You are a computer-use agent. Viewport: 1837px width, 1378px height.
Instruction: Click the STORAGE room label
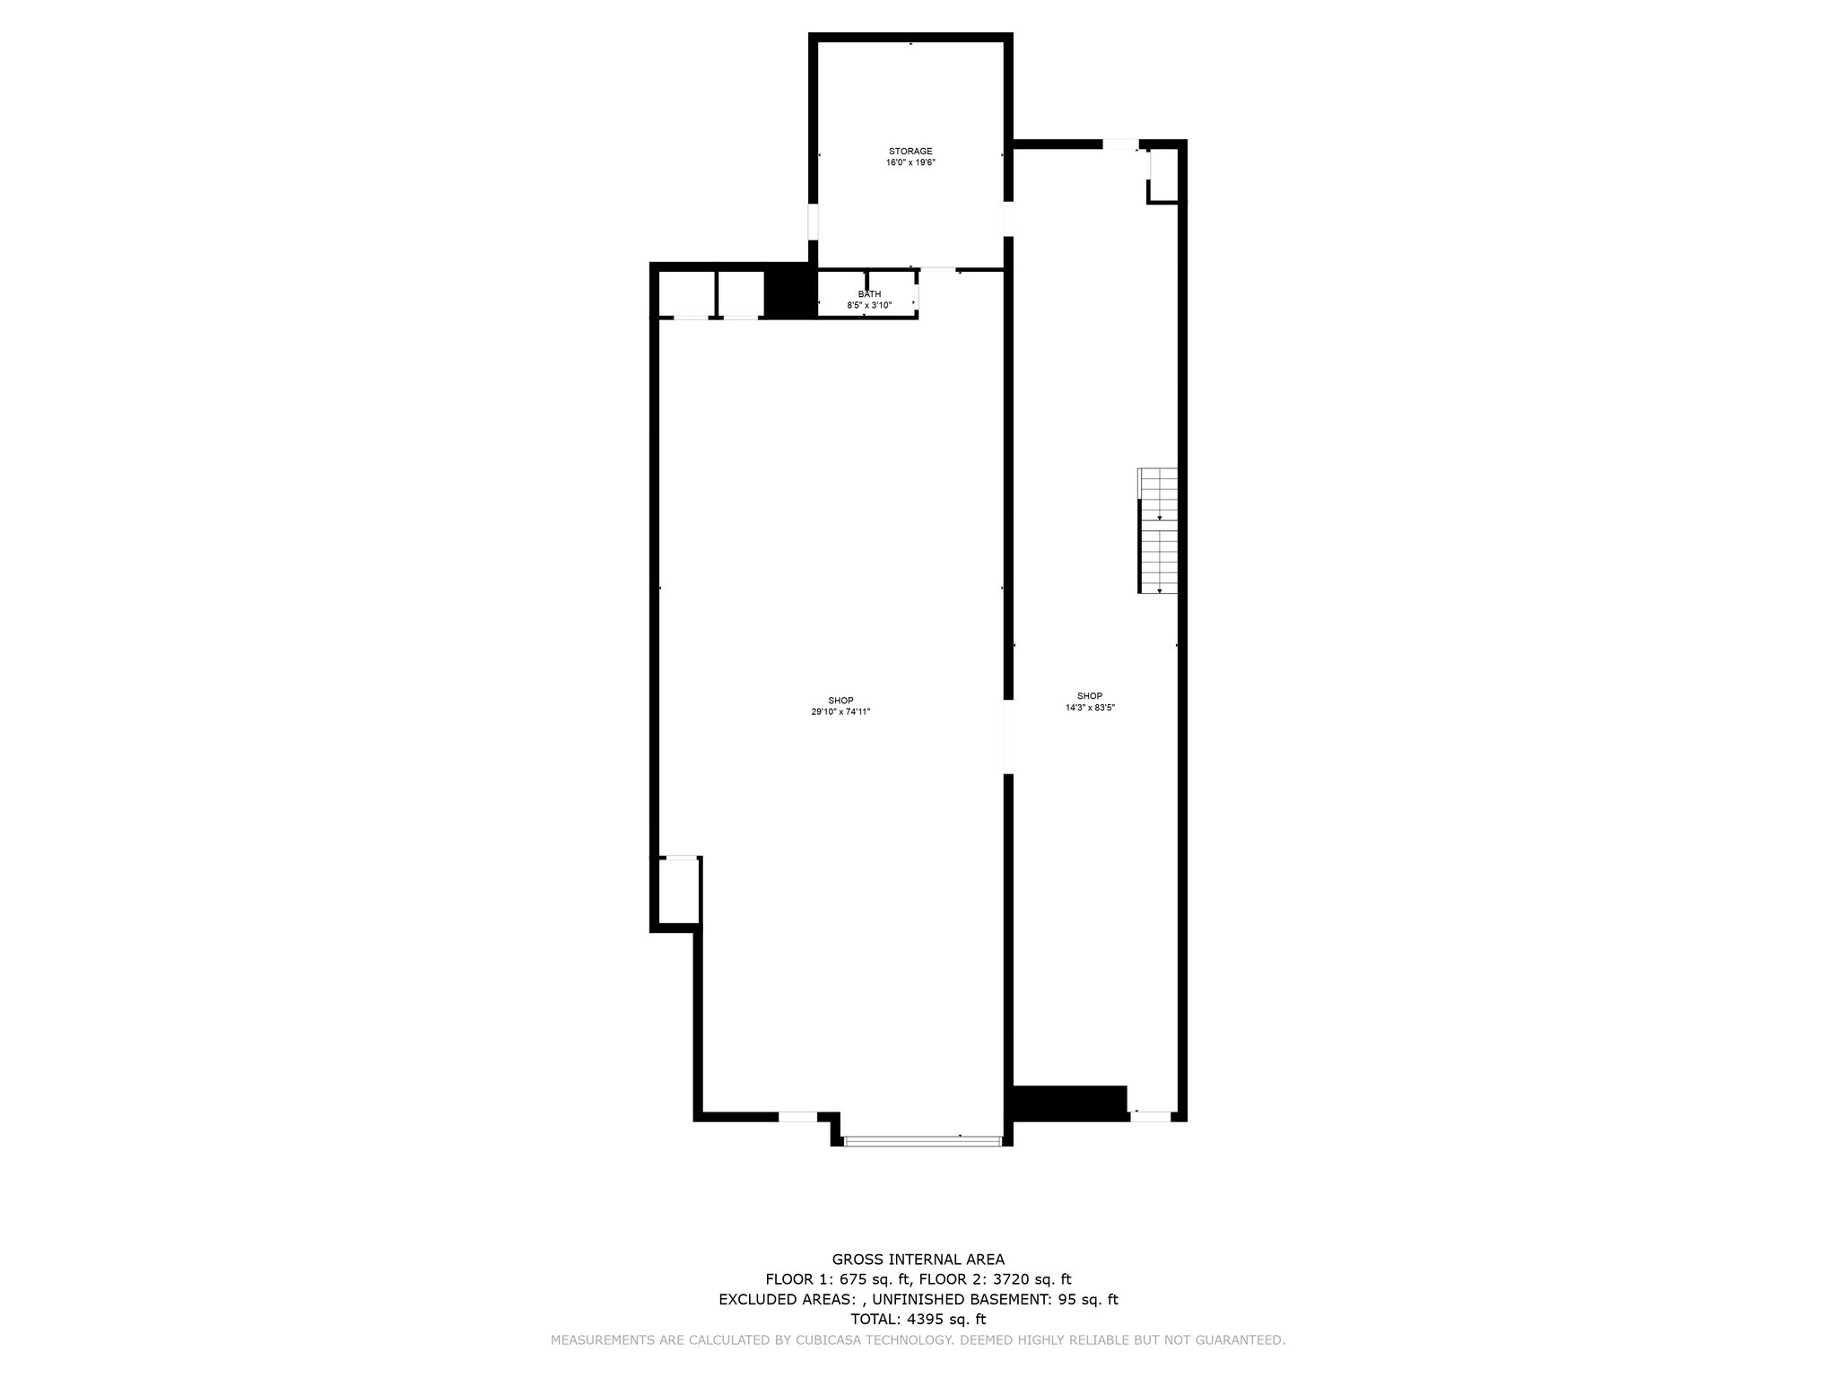910,151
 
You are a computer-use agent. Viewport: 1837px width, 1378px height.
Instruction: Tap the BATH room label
869,294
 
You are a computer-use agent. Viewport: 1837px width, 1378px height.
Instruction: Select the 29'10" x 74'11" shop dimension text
840,711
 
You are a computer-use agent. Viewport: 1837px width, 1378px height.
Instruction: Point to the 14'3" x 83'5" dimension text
1090,707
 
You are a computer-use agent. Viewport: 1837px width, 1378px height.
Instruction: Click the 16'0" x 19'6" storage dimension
910,162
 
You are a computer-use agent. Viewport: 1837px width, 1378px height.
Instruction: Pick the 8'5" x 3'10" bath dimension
869,305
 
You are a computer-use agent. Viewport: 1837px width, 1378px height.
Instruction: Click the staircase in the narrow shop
1158,530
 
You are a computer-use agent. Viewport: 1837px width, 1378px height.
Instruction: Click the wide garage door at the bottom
922,1141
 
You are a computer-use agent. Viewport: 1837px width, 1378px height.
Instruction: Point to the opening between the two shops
1007,737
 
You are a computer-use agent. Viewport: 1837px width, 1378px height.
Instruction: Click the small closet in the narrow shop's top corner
1163,175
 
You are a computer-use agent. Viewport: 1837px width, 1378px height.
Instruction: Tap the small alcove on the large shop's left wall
679,890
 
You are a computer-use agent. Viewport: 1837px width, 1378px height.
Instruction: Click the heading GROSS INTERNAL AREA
918,1260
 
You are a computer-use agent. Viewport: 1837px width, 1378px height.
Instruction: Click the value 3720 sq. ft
1032,1279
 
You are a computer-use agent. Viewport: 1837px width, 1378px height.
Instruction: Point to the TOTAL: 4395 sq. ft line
918,1319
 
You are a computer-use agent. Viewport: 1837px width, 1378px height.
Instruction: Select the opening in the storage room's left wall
814,222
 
